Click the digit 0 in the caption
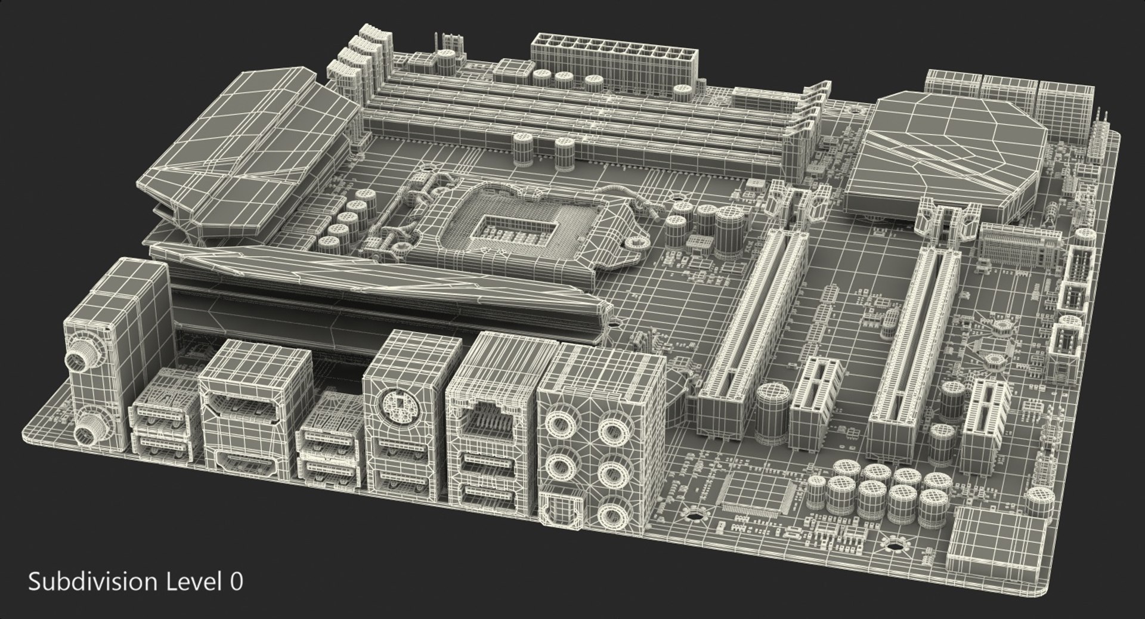pos(237,581)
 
